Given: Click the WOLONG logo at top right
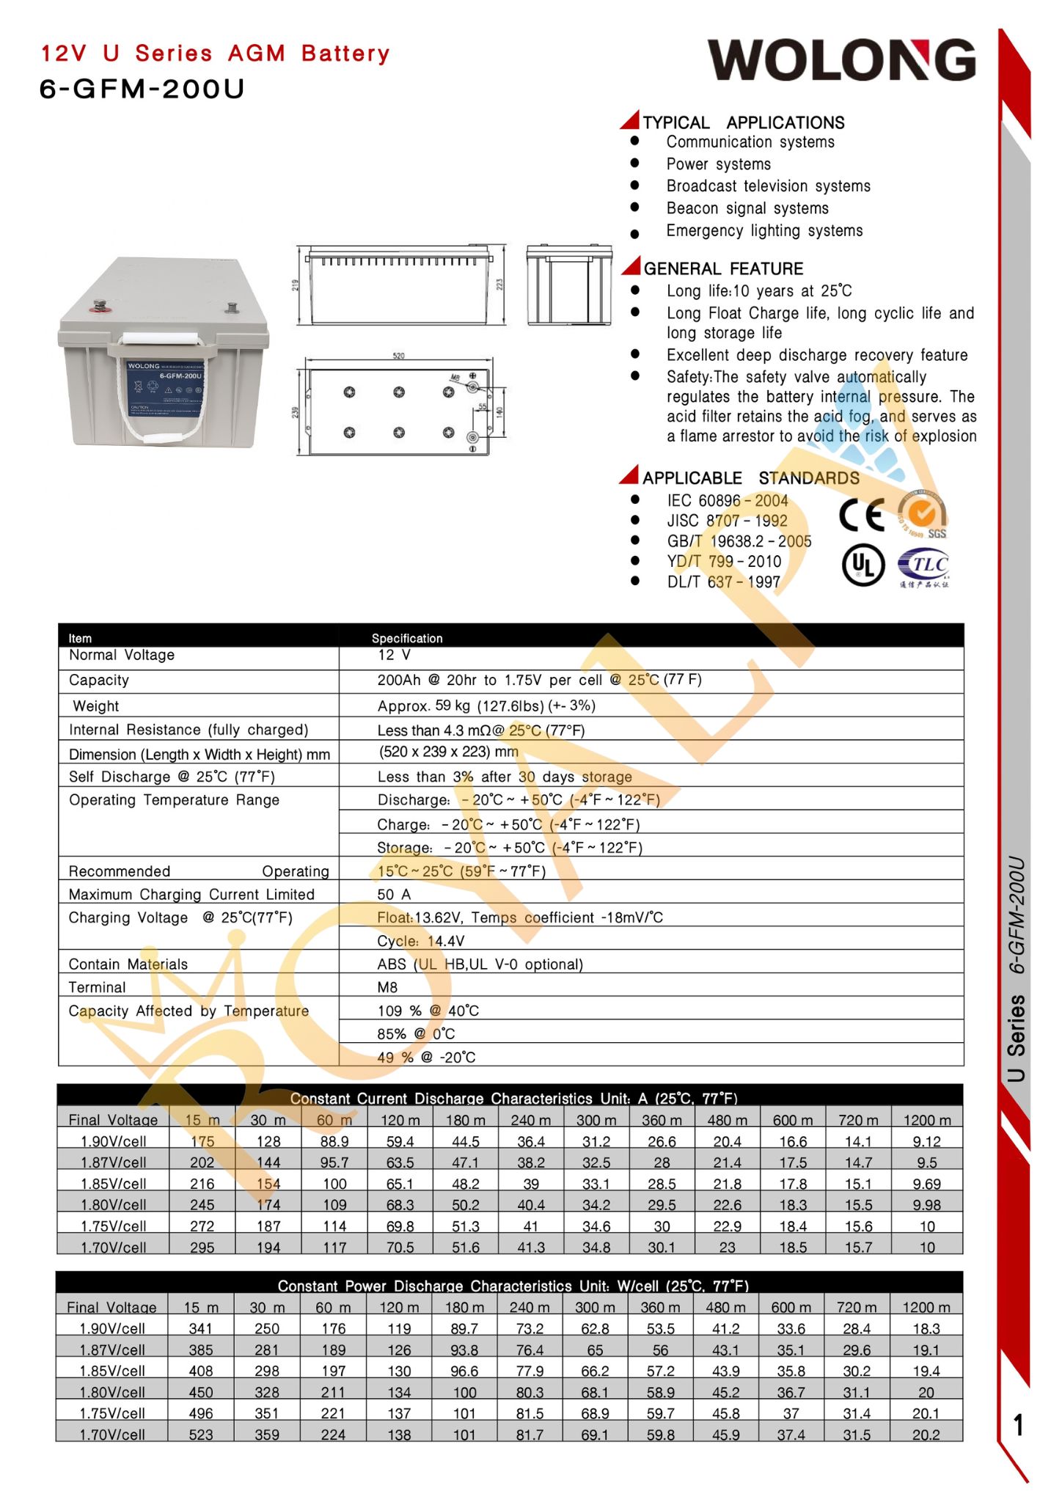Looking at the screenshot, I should pos(841,60).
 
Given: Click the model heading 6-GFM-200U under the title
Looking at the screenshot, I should pos(142,89).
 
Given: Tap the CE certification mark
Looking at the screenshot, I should pos(862,515).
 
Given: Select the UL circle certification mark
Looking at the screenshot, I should pos(863,565).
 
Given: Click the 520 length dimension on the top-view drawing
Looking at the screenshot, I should pos(398,356).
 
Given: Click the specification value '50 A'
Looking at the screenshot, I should pos(394,894).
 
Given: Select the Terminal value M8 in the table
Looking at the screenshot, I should pos(387,987).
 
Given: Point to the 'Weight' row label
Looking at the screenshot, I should pos(96,706).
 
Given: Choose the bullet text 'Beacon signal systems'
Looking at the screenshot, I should pos(747,208).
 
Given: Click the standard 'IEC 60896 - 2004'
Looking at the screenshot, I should pos(727,501).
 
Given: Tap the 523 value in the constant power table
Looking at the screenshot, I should pos(201,1434).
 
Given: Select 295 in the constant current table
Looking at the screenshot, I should pos(202,1247).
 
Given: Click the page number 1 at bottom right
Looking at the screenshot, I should pos(1018,1425).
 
